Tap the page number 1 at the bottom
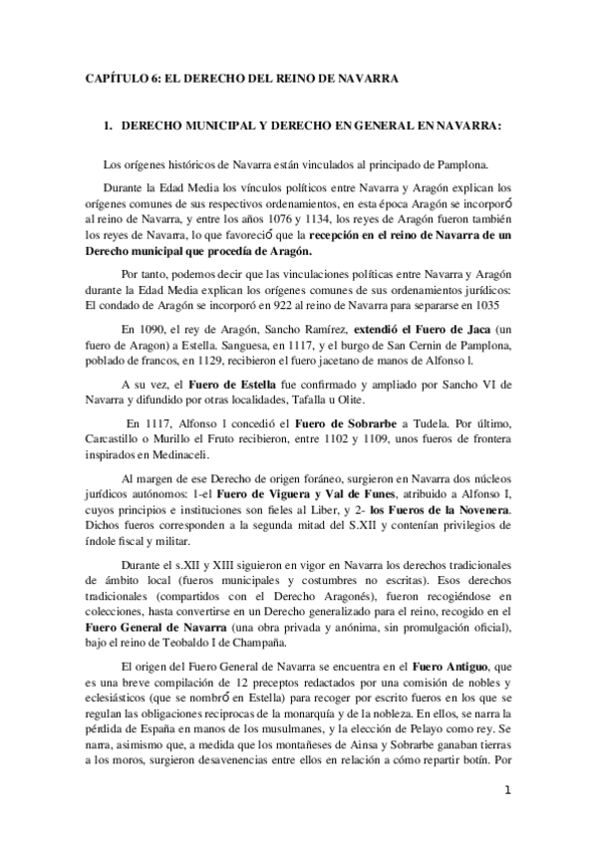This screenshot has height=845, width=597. (507, 793)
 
